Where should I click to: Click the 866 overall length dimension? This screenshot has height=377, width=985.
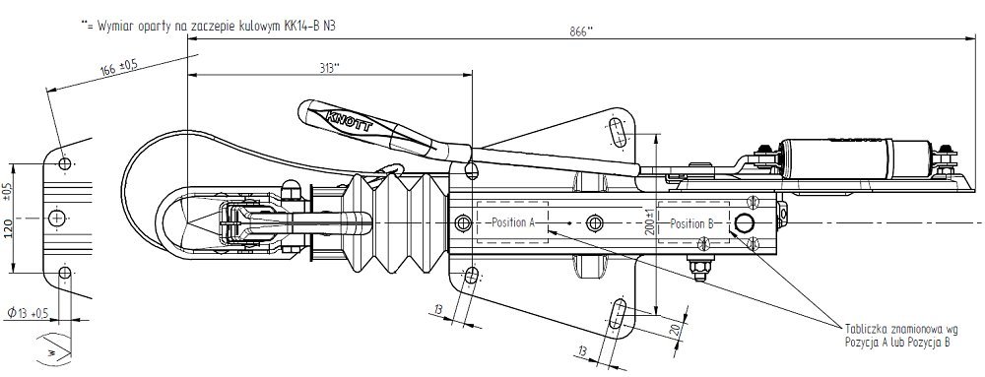coord(582,31)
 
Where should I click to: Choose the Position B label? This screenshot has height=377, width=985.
coord(691,223)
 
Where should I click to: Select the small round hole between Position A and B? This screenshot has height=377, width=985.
coord(591,220)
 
